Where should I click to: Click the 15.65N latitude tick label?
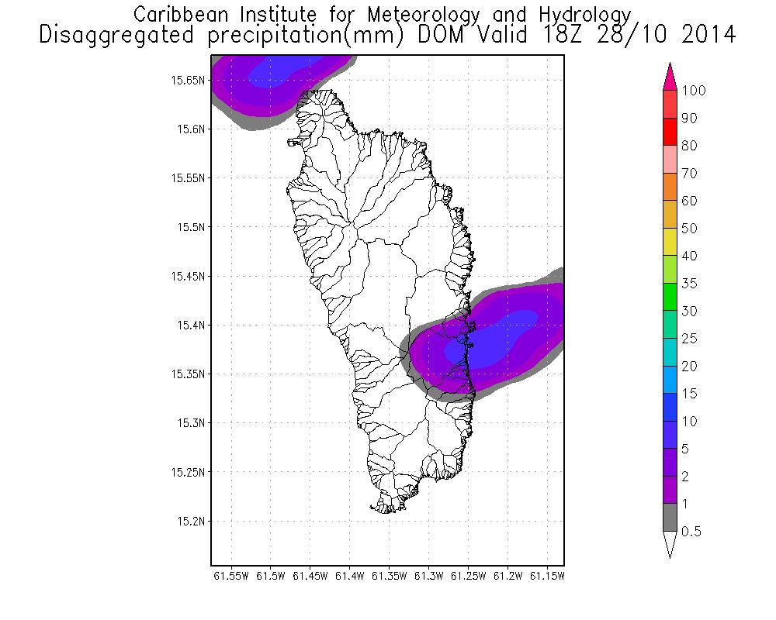pyautogui.click(x=189, y=80)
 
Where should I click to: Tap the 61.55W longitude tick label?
pyautogui.click(x=230, y=577)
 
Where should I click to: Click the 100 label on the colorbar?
pyautogui.click(x=694, y=91)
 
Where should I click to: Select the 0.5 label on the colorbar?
pyautogui.click(x=690, y=532)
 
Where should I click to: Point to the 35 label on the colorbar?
pyautogui.click(x=689, y=284)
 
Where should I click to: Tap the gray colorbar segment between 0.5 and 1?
pyautogui.click(x=671, y=518)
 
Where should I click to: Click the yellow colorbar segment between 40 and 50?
pyautogui.click(x=671, y=242)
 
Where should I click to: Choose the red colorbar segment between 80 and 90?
pyautogui.click(x=671, y=132)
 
